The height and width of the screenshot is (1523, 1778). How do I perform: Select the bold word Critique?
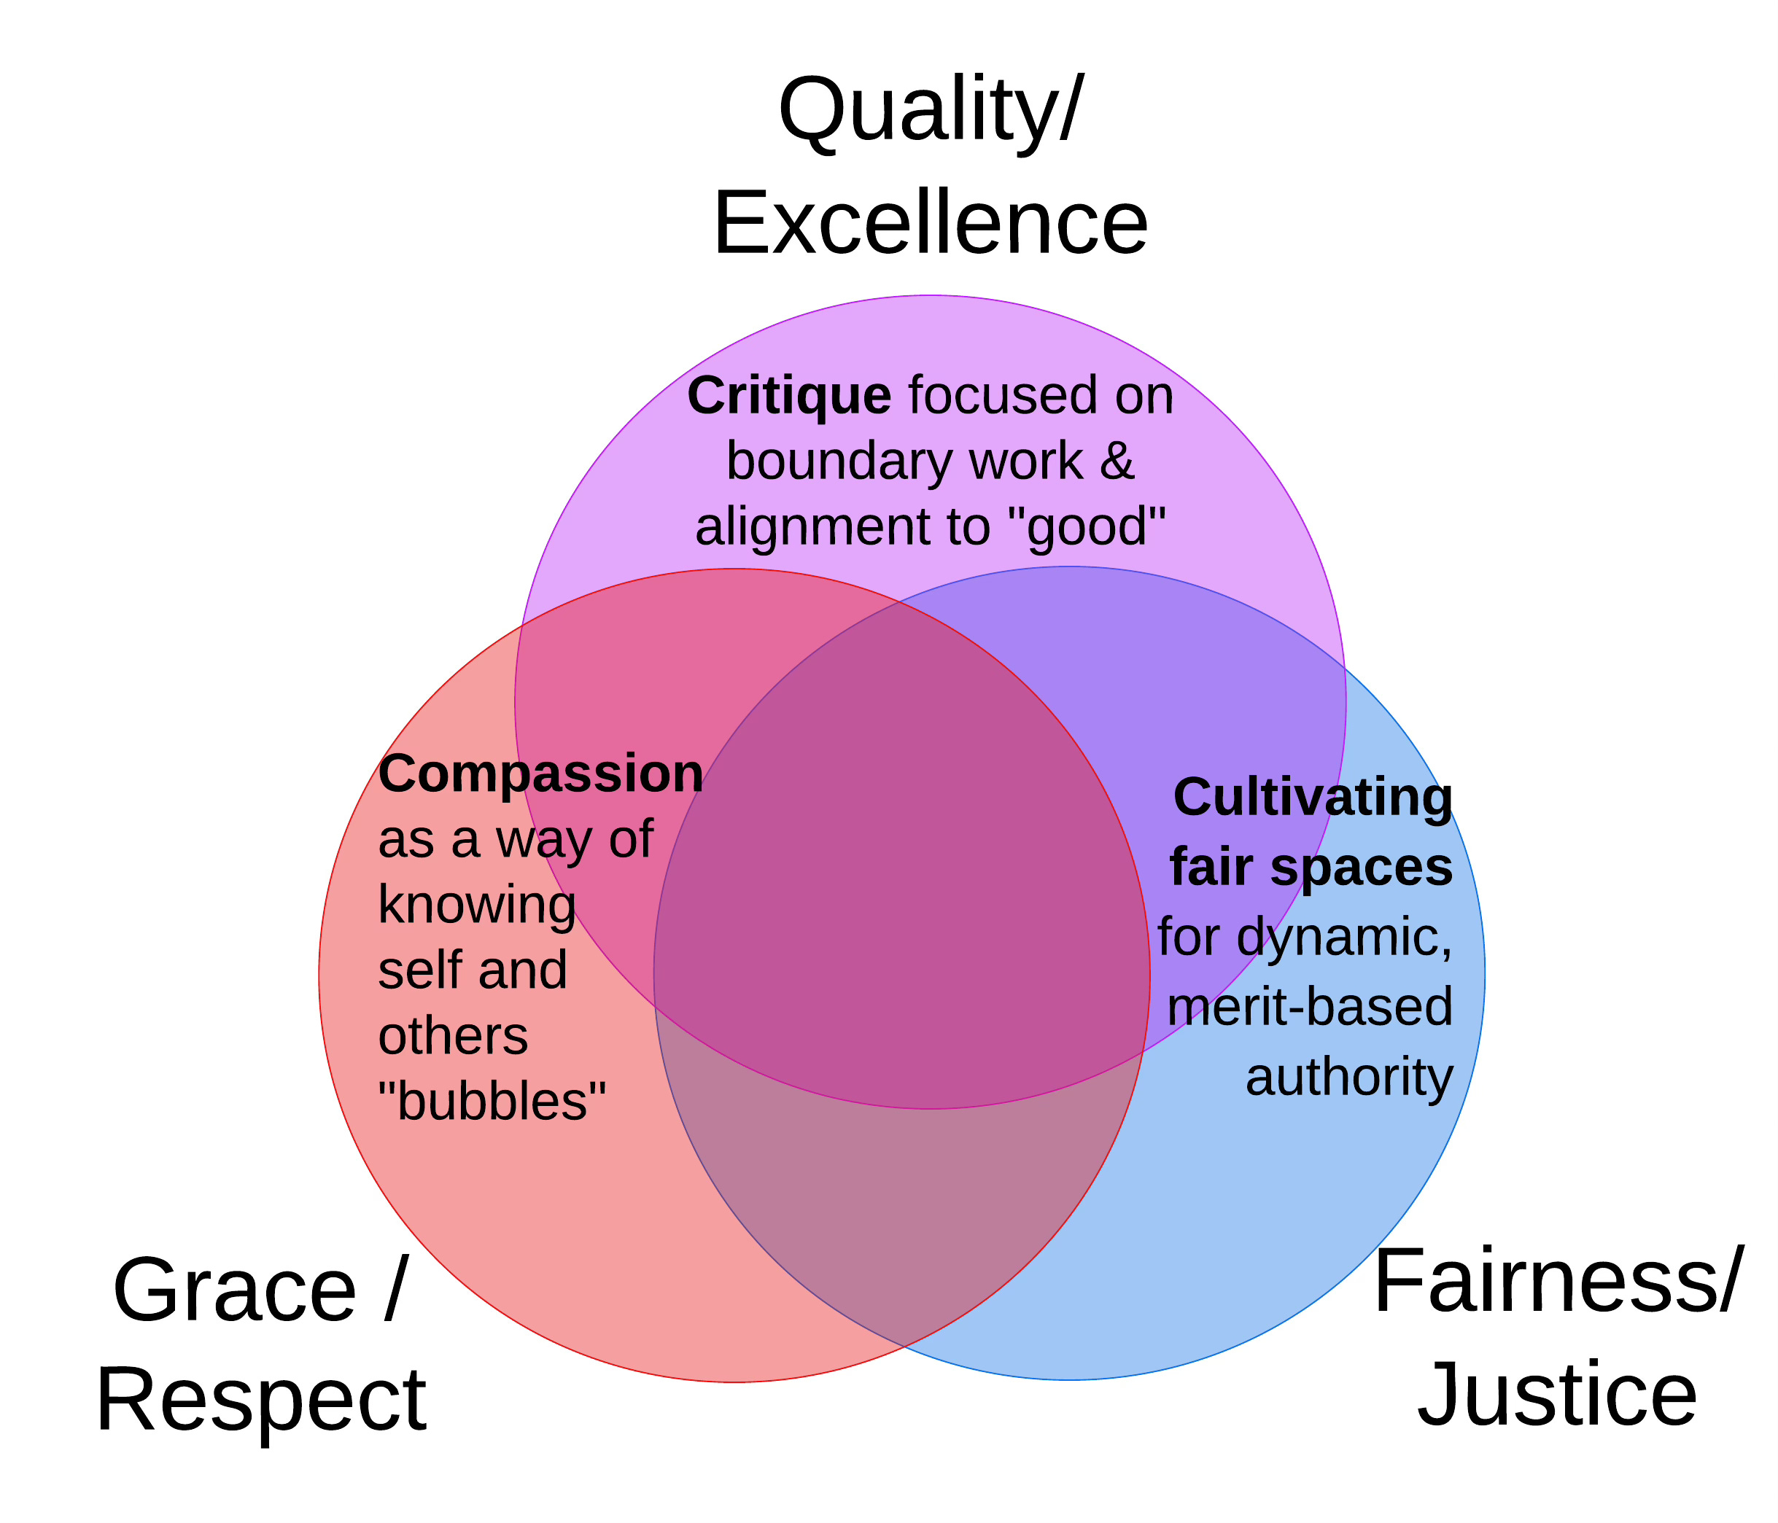pyautogui.click(x=788, y=397)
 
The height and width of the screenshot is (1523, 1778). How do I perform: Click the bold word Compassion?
pyautogui.click(x=540, y=774)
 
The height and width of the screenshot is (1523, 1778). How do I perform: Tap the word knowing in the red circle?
pyautogui.click(x=477, y=905)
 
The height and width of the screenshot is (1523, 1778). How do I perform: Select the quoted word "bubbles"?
pyautogui.click(x=492, y=1101)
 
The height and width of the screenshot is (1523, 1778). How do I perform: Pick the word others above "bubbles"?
pyautogui.click(x=453, y=1037)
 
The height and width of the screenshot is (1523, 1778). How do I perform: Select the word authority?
pyautogui.click(x=1349, y=1078)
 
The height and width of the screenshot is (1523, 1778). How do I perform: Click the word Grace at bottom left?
pyautogui.click(x=234, y=1290)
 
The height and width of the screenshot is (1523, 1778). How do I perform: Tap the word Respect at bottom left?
pyautogui.click(x=261, y=1400)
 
